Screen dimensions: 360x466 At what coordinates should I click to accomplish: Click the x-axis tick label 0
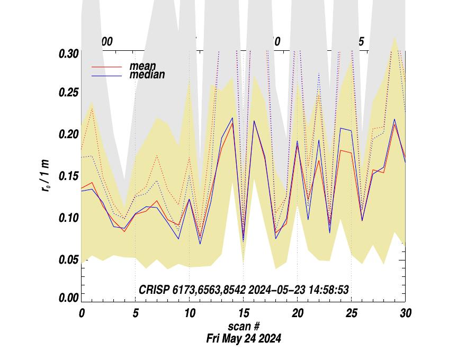(82, 313)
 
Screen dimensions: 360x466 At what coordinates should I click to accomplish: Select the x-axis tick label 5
(136, 313)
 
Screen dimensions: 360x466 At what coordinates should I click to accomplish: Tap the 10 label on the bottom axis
(190, 313)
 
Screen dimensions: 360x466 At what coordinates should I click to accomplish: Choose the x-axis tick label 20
(297, 313)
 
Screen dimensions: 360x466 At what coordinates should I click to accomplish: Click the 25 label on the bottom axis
(351, 313)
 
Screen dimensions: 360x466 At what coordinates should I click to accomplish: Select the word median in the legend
(147, 75)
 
